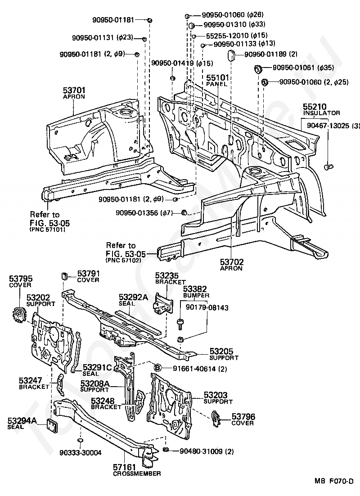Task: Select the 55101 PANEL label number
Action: pos(218,78)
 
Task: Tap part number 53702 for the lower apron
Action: pos(232,262)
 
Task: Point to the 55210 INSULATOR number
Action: pos(315,107)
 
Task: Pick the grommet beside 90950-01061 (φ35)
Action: pos(258,68)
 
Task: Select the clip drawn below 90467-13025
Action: pos(329,166)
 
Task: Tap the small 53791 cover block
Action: pos(65,275)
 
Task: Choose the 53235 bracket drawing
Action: pos(163,303)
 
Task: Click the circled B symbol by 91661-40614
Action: pos(157,368)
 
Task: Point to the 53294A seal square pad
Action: pos(52,425)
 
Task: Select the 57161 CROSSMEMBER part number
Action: pos(124,467)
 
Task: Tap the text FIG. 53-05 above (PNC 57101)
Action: pos(50,223)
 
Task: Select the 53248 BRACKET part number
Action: pos(102,401)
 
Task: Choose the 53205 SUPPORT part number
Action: pos(221,352)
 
